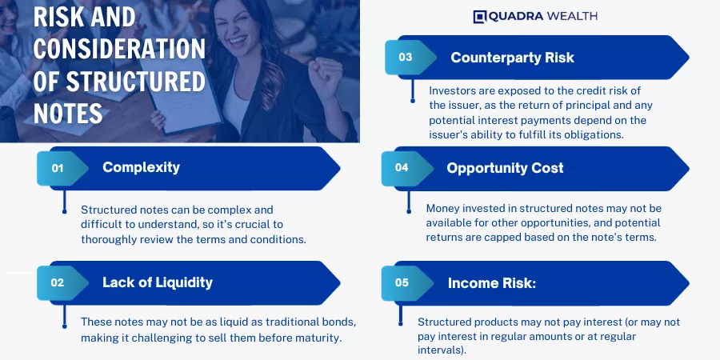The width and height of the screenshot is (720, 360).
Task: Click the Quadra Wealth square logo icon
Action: tap(479, 17)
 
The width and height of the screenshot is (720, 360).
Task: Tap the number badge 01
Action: tap(58, 169)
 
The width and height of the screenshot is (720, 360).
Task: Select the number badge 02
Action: tap(58, 283)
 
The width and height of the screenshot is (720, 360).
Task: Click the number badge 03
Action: tap(406, 58)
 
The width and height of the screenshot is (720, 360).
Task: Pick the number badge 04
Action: tap(402, 168)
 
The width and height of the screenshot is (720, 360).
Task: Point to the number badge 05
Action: tap(402, 283)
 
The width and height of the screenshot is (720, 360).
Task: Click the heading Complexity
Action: tap(141, 167)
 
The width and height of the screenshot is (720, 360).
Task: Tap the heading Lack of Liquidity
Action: tap(158, 282)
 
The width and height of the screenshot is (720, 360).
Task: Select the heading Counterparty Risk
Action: tap(513, 58)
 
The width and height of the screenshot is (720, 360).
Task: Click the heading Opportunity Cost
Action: tap(505, 168)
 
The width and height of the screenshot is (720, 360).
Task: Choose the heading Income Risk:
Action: tap(492, 283)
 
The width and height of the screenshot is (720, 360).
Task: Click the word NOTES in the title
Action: tap(68, 113)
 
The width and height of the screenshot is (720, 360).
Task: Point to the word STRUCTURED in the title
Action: tap(136, 82)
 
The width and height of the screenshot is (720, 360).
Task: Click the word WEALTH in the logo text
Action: tap(572, 17)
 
